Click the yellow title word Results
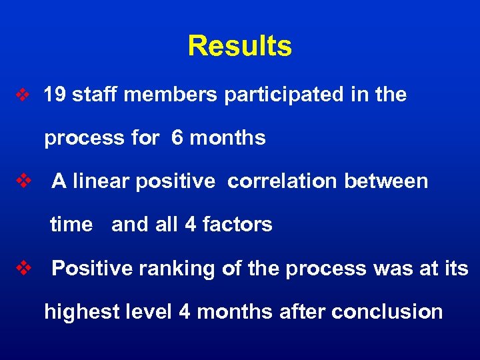(x=239, y=46)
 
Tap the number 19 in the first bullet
(x=55, y=95)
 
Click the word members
(x=170, y=95)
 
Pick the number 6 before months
(x=177, y=138)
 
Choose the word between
(x=386, y=181)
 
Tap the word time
(x=71, y=225)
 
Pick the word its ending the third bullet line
(x=455, y=268)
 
